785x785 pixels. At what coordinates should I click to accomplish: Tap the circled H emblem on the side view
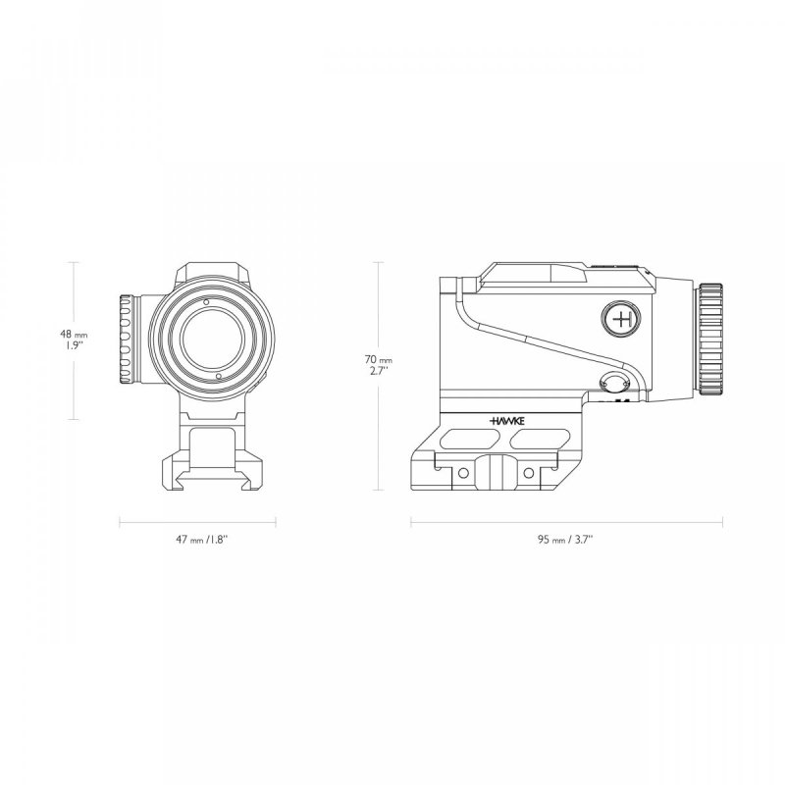point(621,319)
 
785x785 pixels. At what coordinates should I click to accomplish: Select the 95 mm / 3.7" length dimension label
point(564,540)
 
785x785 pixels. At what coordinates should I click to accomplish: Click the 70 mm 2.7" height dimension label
point(379,366)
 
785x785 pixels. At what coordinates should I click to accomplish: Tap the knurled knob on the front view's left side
point(128,340)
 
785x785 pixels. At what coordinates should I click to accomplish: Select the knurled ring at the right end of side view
point(710,339)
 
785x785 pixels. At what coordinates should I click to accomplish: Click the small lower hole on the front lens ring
point(218,376)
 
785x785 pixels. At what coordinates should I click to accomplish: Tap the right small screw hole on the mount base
point(529,473)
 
